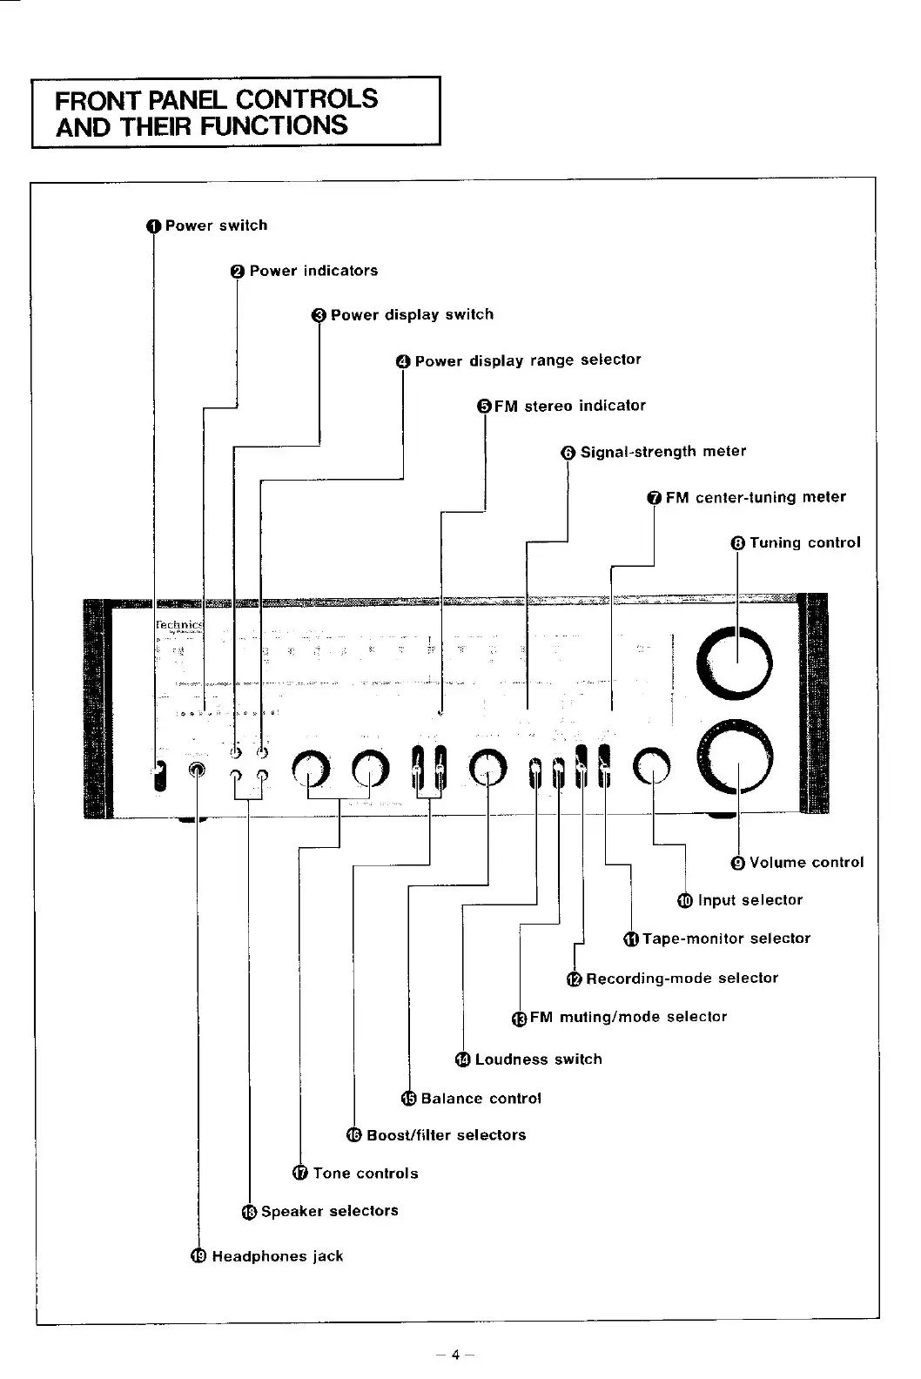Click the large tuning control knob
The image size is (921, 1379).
coord(735,663)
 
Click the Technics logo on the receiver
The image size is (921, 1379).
coord(178,625)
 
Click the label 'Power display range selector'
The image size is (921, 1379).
coord(528,360)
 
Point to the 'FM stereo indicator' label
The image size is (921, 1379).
coord(569,406)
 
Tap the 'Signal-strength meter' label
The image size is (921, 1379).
coord(662,452)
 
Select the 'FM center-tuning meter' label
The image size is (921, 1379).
coord(755,497)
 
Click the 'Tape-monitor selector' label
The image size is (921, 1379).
coord(726,938)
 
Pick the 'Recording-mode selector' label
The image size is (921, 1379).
coord(682,978)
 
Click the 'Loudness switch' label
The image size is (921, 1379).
coord(538,1059)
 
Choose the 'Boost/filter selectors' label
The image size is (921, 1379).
coord(446,1135)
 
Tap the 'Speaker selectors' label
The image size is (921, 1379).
coord(329,1211)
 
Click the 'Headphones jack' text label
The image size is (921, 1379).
coord(277,1256)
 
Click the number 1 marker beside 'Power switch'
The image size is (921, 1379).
coord(154,226)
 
